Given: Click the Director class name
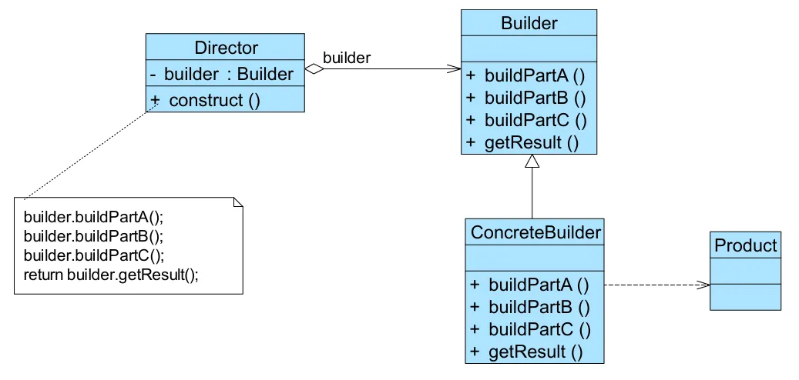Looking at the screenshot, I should coord(226,48).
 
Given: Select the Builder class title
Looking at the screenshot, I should coord(529,23).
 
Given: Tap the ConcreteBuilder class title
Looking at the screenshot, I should coord(535,230).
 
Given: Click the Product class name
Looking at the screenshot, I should coord(745,245).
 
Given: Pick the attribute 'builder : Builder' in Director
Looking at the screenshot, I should coord(229,74).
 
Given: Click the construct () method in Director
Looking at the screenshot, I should coord(214,100).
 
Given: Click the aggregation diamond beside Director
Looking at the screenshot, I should coord(313,69).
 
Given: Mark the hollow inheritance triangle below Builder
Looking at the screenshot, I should coord(532,162).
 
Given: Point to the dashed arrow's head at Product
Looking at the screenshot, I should coord(703,285).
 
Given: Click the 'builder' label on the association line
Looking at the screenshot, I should coord(346,58).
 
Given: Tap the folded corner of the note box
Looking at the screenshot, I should coord(238,202).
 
